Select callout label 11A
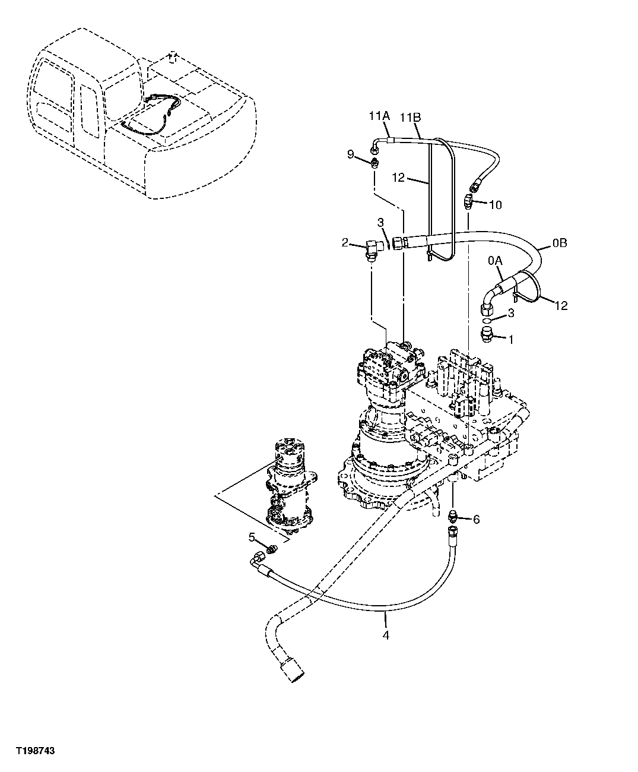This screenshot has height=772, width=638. click(x=377, y=117)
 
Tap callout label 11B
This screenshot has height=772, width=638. click(x=410, y=117)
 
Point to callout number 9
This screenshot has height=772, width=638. click(x=351, y=154)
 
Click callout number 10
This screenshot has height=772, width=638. click(x=496, y=205)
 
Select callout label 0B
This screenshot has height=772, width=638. click(x=560, y=243)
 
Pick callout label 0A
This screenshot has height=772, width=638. click(x=495, y=261)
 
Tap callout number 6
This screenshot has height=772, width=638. click(x=476, y=519)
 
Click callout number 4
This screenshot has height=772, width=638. click(x=386, y=635)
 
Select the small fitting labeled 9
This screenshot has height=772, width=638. click(x=374, y=162)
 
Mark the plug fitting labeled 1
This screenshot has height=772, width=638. click(x=485, y=335)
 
